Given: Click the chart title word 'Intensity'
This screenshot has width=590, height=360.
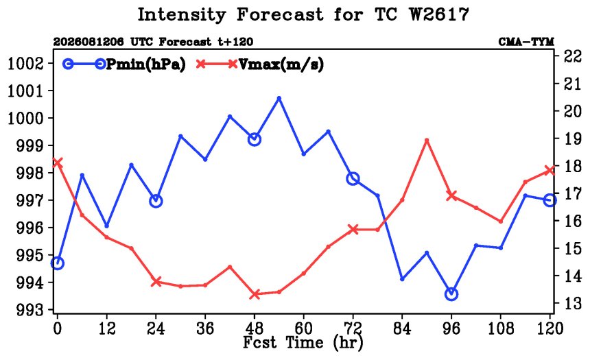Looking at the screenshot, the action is click(x=181, y=15).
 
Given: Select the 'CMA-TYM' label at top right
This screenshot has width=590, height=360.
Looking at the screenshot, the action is click(x=526, y=42).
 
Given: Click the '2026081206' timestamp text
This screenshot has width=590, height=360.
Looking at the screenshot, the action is click(x=88, y=42).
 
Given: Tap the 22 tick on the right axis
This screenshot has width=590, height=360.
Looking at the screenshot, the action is click(x=572, y=56).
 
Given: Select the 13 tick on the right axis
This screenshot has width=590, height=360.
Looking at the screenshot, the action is click(x=572, y=303).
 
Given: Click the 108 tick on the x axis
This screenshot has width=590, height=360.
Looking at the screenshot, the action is click(x=500, y=328).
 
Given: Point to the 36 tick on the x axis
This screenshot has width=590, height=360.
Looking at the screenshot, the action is click(x=205, y=328).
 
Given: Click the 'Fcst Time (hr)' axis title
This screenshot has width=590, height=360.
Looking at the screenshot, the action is click(x=303, y=343).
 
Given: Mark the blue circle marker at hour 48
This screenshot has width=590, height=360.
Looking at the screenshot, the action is click(x=255, y=139).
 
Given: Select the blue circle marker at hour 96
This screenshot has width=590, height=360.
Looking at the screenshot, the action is click(x=451, y=293).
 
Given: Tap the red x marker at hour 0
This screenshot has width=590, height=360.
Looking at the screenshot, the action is click(x=57, y=163).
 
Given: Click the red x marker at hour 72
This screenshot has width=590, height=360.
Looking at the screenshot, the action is click(x=353, y=229).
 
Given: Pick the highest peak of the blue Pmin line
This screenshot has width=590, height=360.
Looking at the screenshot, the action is click(x=279, y=98).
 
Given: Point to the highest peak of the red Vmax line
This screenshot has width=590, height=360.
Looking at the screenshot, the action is click(x=427, y=141).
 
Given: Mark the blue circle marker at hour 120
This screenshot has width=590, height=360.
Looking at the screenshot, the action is click(x=550, y=200).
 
